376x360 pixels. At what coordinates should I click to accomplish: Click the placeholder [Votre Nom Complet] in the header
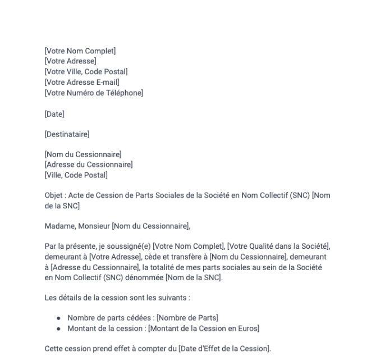[80, 51]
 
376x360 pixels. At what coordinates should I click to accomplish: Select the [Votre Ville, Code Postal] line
[86, 71]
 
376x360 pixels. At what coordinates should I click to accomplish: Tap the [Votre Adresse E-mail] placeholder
[81, 82]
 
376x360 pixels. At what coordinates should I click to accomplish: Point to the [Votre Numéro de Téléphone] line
[93, 92]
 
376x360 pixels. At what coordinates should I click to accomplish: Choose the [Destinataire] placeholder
[67, 134]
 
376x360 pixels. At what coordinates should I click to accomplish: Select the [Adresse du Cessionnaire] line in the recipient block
[88, 165]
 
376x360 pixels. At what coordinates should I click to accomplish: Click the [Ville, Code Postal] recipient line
[76, 175]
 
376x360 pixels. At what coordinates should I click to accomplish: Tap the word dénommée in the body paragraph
[134, 278]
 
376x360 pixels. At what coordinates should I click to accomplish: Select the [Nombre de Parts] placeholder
[189, 318]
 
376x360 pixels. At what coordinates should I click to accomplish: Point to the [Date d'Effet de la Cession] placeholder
[224, 349]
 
